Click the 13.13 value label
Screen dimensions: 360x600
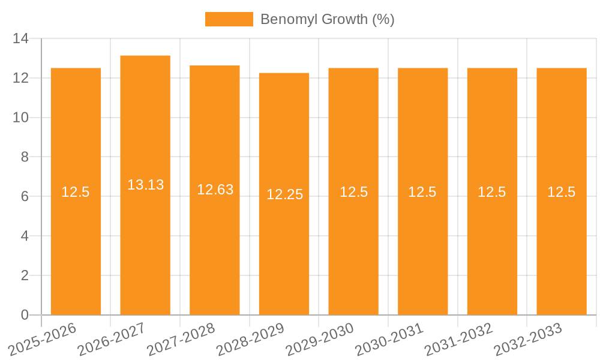145,185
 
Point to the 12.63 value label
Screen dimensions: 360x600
215,190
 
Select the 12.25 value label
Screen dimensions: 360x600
284,194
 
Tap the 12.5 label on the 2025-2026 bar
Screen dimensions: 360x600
76,192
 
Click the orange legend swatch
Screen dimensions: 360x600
229,19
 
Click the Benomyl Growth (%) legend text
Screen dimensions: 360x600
327,19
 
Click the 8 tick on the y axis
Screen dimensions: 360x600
24,157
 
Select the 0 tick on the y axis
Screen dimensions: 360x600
24,315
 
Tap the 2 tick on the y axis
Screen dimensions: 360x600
24,275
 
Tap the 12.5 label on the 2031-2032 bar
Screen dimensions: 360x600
492,192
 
